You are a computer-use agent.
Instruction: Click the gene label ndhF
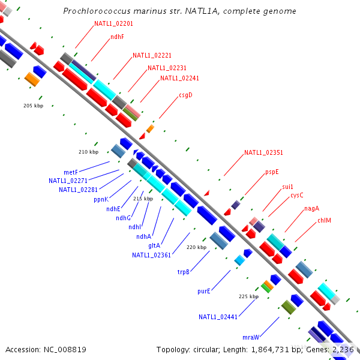(117, 37)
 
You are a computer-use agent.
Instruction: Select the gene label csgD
(185, 95)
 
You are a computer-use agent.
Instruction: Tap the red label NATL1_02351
(263, 153)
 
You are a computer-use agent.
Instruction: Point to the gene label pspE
(272, 172)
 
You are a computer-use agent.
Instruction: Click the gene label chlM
(325, 220)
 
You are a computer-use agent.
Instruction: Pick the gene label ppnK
(101, 199)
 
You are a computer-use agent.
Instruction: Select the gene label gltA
(154, 245)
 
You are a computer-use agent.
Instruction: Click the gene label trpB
(184, 272)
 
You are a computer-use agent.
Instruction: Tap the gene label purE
(204, 291)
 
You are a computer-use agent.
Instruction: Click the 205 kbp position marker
(34, 106)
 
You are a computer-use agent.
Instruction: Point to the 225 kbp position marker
(248, 296)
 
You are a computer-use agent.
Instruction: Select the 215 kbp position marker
(143, 199)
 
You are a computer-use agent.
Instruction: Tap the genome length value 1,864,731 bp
(269, 349)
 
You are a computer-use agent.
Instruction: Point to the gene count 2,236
(344, 349)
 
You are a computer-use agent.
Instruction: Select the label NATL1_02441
(219, 317)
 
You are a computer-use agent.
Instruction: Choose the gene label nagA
(311, 208)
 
